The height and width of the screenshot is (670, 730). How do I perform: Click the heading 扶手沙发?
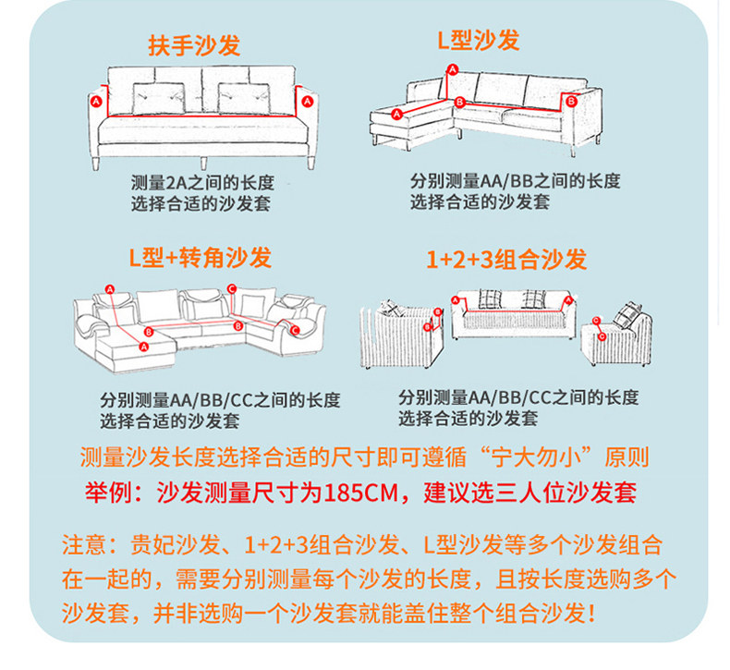click(x=194, y=46)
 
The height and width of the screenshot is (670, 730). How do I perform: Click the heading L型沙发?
click(x=478, y=41)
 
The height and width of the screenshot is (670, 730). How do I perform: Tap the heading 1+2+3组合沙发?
click(x=506, y=260)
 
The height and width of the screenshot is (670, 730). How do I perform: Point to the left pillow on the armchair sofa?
click(x=152, y=97)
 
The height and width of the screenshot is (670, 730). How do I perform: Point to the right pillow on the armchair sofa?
click(x=238, y=97)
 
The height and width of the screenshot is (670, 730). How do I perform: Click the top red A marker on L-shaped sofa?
click(x=452, y=69)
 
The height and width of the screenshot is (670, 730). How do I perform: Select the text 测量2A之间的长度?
click(x=202, y=183)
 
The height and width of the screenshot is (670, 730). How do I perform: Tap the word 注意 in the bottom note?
click(x=84, y=543)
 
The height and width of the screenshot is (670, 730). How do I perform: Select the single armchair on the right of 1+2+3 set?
click(x=616, y=335)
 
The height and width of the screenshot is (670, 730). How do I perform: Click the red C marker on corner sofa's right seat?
click(x=295, y=329)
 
